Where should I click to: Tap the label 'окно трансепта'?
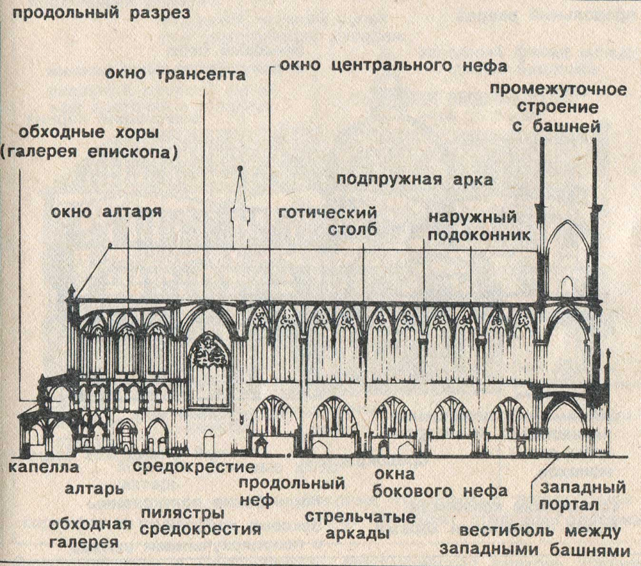pyautogui.click(x=176, y=74)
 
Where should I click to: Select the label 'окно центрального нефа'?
pyautogui.click(x=393, y=65)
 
